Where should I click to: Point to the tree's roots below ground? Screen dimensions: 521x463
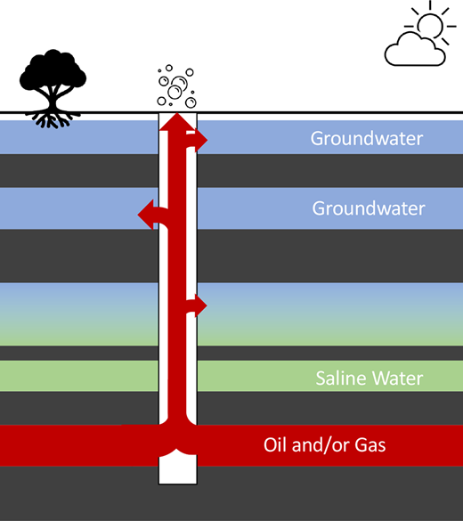click(x=52, y=117)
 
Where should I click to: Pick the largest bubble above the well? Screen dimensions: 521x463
click(x=176, y=86)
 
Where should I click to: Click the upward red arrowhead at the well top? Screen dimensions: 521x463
click(x=177, y=121)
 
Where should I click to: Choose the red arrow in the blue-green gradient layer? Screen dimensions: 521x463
click(x=199, y=305)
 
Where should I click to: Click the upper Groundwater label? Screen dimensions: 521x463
click(x=366, y=139)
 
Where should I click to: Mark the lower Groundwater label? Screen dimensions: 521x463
click(x=368, y=208)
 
